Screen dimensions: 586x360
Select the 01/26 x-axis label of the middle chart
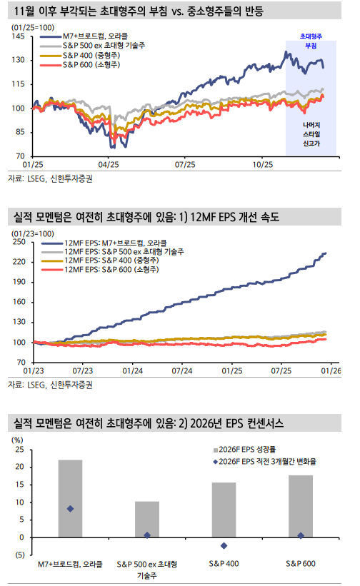click(x=330, y=370)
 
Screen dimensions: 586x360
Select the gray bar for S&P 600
click(x=301, y=506)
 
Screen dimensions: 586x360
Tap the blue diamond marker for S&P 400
click(x=224, y=546)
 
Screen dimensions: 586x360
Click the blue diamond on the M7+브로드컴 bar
click(x=70, y=509)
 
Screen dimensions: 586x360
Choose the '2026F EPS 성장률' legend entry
click(x=249, y=451)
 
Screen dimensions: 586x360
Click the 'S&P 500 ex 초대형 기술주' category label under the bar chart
click(x=147, y=569)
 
